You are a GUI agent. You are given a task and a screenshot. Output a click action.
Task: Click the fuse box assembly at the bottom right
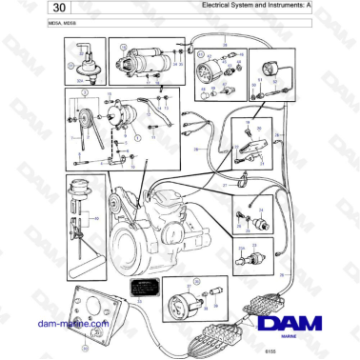(268, 290)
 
